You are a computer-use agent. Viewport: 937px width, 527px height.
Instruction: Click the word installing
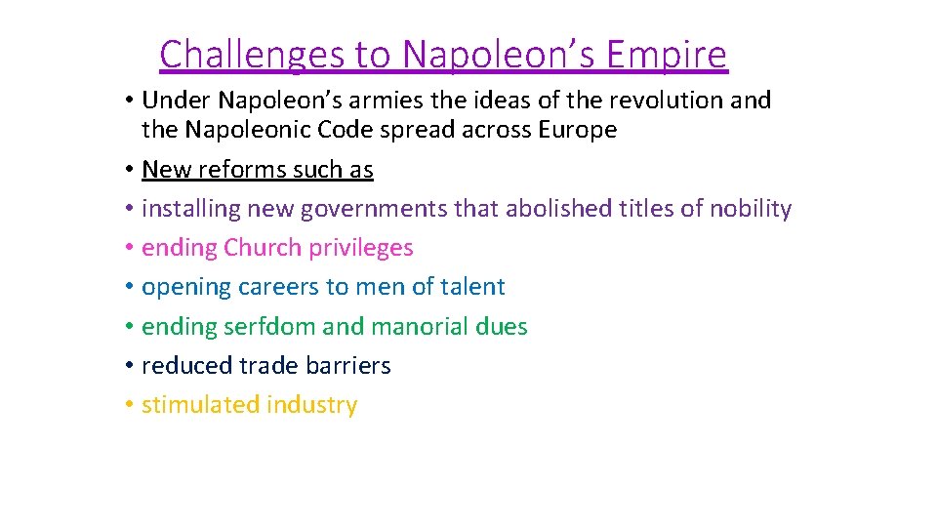point(191,209)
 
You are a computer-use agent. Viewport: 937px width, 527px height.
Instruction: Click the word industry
point(312,405)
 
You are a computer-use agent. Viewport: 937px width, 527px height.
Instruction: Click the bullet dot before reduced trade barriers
point(129,366)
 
